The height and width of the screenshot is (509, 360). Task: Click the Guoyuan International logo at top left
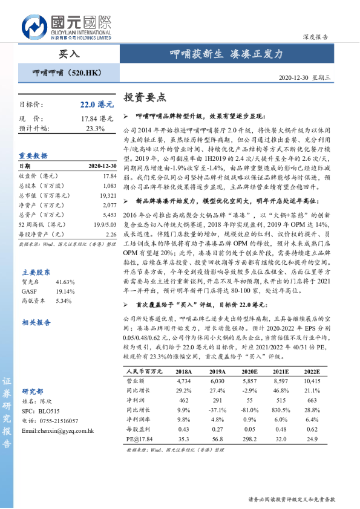67,27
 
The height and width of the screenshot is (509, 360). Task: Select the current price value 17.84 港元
96,118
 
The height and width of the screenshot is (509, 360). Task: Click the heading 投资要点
145,97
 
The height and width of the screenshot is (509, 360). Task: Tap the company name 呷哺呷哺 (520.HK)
66,73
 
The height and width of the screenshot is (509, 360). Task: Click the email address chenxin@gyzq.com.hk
57,430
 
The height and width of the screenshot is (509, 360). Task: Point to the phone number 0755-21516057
58,421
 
